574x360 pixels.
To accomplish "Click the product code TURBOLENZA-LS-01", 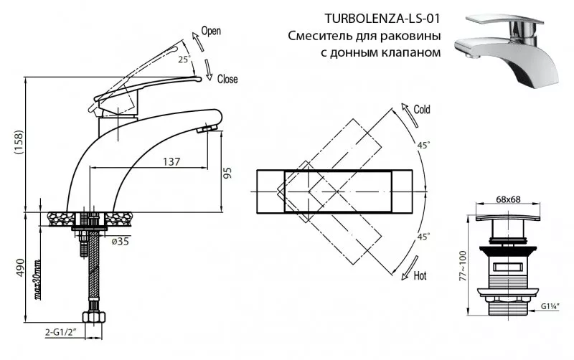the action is coord(382,19).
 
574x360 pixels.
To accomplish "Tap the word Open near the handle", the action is coord(211,31).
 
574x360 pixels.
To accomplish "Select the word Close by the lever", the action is coord(227,79).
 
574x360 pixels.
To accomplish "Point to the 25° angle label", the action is coord(184,60).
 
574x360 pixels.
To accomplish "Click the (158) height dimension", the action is coord(19,143).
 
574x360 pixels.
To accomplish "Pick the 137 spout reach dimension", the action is coord(171,161).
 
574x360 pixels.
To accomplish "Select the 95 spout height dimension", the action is coord(227,173).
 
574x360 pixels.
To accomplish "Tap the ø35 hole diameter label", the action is coord(121,241).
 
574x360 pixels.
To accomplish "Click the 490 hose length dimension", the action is coord(20,267).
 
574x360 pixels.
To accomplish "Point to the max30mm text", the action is coord(37,279).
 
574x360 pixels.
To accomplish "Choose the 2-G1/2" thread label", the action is coord(60,332).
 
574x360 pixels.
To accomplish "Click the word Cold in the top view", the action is coord(422,110).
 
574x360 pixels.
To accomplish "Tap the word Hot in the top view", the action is coord(420,275).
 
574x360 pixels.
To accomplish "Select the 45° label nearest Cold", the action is coord(423,146).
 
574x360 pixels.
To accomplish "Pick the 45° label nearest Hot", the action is coord(423,237).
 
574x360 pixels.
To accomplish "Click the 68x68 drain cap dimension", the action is coord(508,199).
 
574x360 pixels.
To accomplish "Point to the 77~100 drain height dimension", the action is coord(463,265).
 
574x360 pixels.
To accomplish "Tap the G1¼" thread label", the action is coord(550,307).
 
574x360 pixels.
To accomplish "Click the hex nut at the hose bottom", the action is coord(94,317).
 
